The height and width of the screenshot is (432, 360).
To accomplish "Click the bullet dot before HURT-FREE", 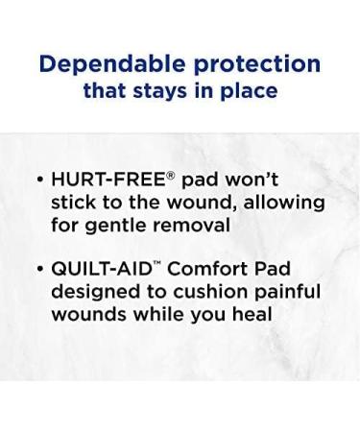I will [39, 180].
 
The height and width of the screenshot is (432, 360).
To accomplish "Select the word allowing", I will [285, 203].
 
